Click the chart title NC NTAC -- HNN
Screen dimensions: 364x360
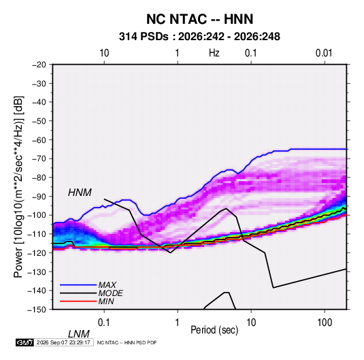(x=199, y=19)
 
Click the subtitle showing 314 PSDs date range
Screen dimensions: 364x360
(x=199, y=37)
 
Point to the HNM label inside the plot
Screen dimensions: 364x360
(x=80, y=193)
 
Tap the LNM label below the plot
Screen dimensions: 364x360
(x=79, y=334)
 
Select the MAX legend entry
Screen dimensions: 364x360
(x=107, y=284)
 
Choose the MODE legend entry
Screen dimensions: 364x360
(x=110, y=293)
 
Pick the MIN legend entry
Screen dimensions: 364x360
(x=106, y=301)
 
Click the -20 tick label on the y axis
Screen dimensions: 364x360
(x=39, y=65)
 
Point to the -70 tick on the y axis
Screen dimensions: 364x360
(x=39, y=159)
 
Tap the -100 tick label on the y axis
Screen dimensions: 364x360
(x=37, y=215)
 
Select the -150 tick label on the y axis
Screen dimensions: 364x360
(x=37, y=310)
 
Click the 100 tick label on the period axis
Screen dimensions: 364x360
(x=325, y=323)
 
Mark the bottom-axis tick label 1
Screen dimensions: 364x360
(x=177, y=323)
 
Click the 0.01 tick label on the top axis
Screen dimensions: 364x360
(x=324, y=53)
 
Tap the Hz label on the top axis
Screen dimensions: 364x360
(x=214, y=53)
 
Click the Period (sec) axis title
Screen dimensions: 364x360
(x=214, y=330)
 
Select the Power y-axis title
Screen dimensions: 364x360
(x=18, y=187)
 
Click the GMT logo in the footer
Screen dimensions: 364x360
(x=25, y=342)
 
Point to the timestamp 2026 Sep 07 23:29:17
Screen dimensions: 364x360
(x=63, y=342)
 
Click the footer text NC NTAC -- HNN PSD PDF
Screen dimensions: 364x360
(x=127, y=342)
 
